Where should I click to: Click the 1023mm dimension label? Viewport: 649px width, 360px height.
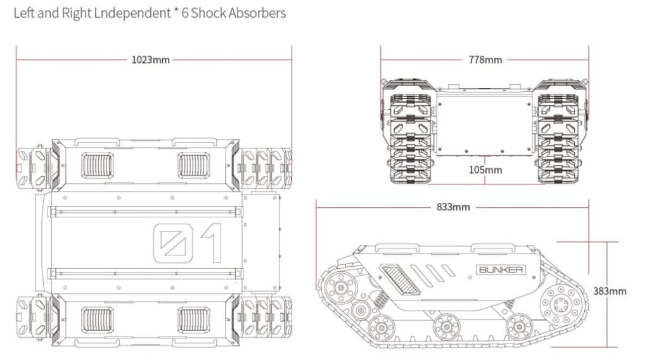tap(150, 60)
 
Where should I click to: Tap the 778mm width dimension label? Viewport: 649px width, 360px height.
tap(485, 60)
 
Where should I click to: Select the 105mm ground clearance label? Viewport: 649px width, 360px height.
tap(485, 170)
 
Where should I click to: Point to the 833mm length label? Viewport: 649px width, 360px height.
tap(453, 207)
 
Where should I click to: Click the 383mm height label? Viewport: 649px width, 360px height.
tap(609, 292)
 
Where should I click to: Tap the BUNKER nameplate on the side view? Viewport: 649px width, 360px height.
tap(500, 269)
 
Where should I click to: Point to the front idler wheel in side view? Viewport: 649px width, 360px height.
tap(342, 288)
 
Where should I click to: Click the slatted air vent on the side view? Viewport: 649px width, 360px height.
tap(399, 279)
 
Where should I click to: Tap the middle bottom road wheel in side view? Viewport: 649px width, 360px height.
tap(446, 327)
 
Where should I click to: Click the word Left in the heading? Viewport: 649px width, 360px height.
tap(25, 13)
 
